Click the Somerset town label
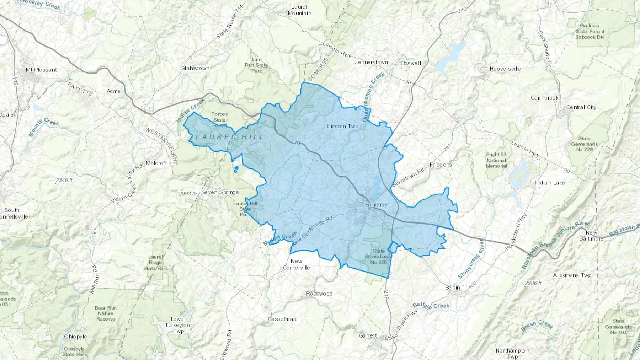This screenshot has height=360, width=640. [x=377, y=205]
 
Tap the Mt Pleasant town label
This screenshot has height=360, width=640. [x=41, y=70]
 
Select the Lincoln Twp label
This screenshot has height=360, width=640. [x=342, y=126]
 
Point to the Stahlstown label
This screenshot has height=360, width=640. [x=195, y=68]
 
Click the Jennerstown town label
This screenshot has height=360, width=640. [x=372, y=62]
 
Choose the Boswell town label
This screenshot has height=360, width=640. [x=411, y=63]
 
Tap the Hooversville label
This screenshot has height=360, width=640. [x=505, y=69]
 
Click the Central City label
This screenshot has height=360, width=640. [x=581, y=107]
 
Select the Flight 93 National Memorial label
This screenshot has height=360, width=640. [x=496, y=160]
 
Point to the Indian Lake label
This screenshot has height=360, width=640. [x=550, y=183]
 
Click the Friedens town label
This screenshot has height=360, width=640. [x=441, y=165]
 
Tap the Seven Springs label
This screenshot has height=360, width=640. [x=220, y=192]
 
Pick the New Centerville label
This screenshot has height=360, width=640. [x=296, y=264]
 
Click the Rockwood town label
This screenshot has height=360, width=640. [x=319, y=294]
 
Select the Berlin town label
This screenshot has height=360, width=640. [x=452, y=288]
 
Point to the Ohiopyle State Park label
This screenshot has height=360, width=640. [x=75, y=351]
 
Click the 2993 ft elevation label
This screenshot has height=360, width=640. [x=187, y=194]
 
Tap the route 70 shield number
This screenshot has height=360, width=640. [x=297, y=144]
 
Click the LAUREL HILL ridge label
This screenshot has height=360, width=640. [x=230, y=137]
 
